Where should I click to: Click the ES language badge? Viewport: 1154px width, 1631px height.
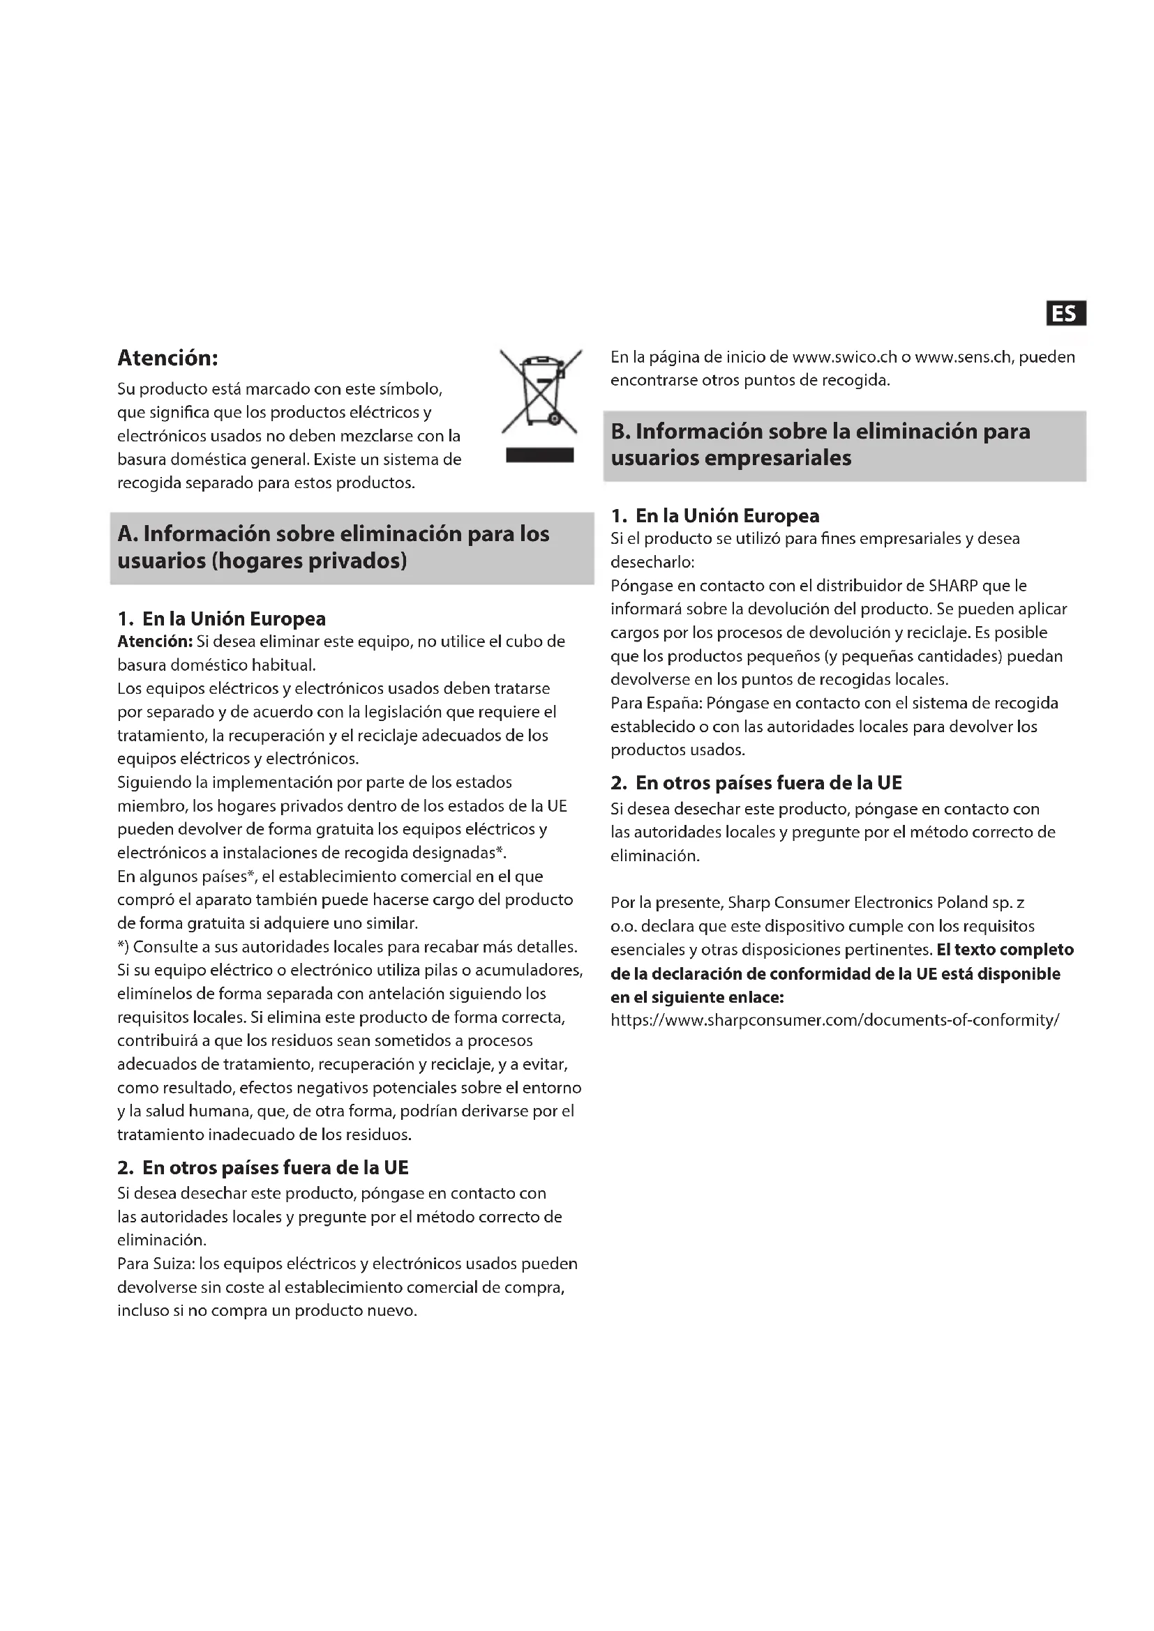[1065, 313]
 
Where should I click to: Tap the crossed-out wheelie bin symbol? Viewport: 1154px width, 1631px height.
[541, 391]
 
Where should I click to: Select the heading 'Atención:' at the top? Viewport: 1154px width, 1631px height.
[167, 357]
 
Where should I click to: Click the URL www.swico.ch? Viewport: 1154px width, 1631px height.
[844, 356]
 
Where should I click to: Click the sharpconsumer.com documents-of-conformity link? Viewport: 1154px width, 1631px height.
[835, 1020]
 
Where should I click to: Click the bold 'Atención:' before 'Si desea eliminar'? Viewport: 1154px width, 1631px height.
[155, 642]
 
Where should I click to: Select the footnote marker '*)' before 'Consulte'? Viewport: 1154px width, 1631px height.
[123, 947]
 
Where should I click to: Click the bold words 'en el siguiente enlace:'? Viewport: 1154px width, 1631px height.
[697, 997]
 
